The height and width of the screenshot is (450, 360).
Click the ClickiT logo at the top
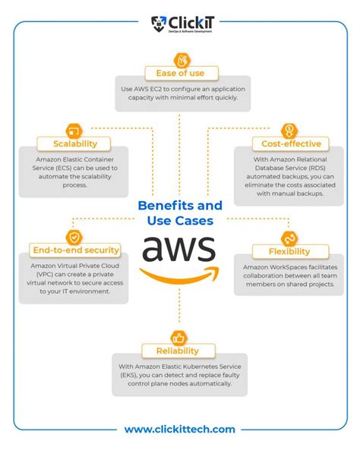coord(179,22)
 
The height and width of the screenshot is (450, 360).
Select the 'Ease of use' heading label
coord(180,73)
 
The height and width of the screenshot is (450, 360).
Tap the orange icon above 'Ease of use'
coord(180,59)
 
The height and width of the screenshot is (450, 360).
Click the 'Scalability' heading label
coord(73,143)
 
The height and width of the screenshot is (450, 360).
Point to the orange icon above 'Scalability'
coord(74,129)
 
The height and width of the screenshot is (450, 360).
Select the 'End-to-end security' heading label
coord(74,250)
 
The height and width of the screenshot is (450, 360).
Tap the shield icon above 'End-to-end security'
coord(74,237)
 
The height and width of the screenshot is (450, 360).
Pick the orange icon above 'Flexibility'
coord(288,238)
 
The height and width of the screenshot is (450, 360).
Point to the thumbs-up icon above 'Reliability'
coord(180,337)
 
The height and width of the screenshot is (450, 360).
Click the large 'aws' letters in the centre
coord(180,248)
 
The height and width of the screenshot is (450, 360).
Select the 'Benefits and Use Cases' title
coord(180,213)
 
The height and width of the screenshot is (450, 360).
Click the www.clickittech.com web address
coord(180,429)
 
